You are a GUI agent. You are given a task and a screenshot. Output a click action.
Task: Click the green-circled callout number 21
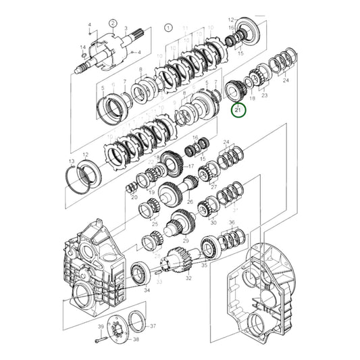click(x=237, y=109)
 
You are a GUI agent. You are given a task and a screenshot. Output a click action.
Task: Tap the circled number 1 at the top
click(x=167, y=28)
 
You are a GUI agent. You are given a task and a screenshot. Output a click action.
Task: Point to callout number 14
click(x=82, y=47)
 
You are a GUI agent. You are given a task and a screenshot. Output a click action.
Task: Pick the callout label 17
click(x=191, y=166)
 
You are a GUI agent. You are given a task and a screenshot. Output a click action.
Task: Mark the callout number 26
click(x=190, y=201)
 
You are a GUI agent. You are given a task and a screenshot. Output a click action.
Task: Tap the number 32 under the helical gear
click(x=188, y=278)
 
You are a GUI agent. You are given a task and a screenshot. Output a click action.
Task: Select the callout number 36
click(x=231, y=224)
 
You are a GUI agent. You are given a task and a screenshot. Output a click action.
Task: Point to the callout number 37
click(x=153, y=326)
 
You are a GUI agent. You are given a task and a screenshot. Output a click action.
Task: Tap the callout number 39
click(x=99, y=327)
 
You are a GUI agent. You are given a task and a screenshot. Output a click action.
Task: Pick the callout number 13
click(x=72, y=161)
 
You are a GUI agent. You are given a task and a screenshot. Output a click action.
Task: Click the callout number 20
click(x=134, y=197)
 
